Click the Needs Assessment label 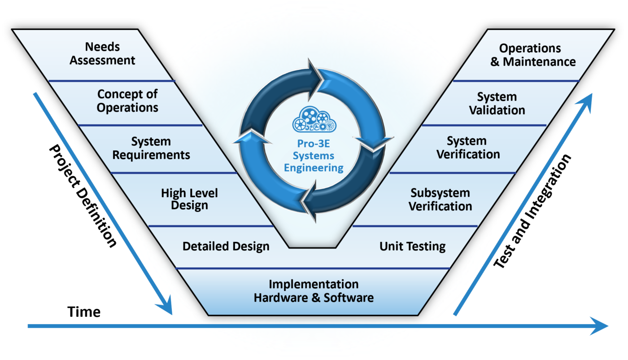(x=102, y=53)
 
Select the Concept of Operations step (x=128, y=101)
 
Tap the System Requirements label (x=151, y=149)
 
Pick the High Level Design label (x=189, y=199)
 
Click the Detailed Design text (x=226, y=246)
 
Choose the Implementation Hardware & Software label (x=314, y=291)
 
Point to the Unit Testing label (x=412, y=246)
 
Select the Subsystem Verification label (x=440, y=200)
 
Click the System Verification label (x=468, y=148)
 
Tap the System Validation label (x=497, y=104)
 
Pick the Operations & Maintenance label (x=532, y=55)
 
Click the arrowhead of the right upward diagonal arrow (x=587, y=101)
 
